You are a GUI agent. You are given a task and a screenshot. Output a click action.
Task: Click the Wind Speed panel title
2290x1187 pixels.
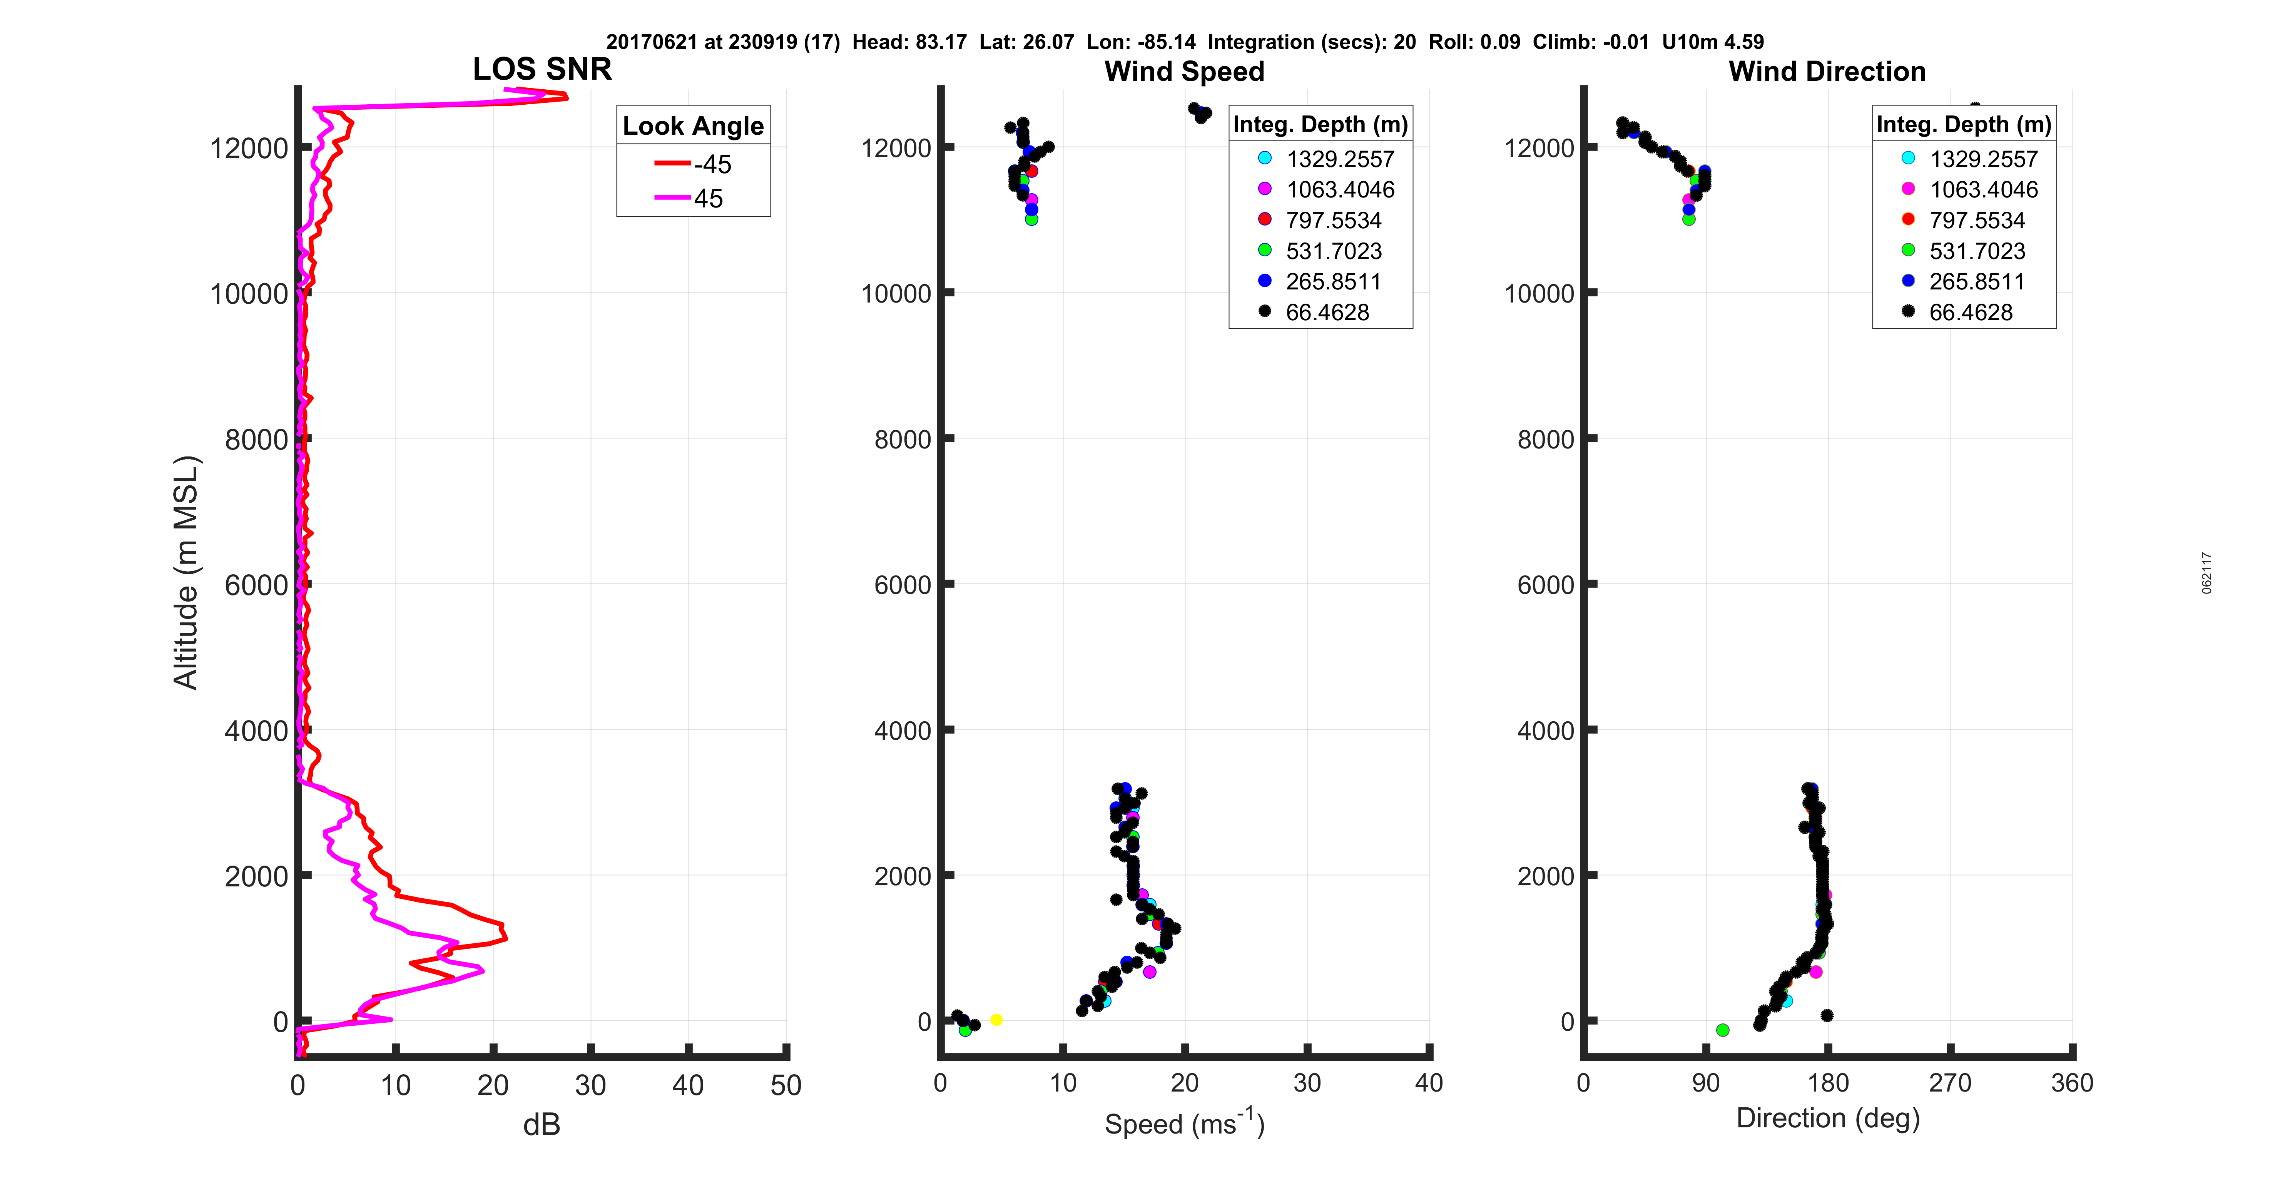point(1184,71)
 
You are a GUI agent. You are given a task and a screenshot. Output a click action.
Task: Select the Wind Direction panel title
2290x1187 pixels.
point(1827,71)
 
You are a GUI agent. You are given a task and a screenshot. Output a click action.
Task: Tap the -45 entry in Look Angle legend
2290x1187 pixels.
point(694,164)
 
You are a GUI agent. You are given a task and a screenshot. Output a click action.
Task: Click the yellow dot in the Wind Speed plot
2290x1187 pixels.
point(996,1020)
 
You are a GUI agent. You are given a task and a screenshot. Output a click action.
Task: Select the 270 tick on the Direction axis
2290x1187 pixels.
point(1951,1083)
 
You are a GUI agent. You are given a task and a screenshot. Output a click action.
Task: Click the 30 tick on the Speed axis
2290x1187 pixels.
point(1307,1083)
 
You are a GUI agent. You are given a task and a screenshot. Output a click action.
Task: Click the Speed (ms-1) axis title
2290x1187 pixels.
point(1184,1123)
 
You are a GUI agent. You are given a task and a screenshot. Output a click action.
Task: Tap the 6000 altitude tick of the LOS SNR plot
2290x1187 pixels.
point(256,585)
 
